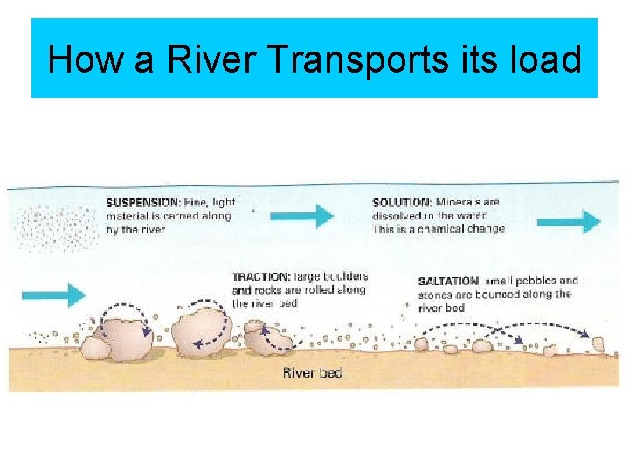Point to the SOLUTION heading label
[402, 203]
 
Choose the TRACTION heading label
[261, 277]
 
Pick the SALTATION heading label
[448, 281]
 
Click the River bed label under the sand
[313, 372]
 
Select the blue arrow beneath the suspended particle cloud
[53, 295]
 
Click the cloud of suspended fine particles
[56, 227]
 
